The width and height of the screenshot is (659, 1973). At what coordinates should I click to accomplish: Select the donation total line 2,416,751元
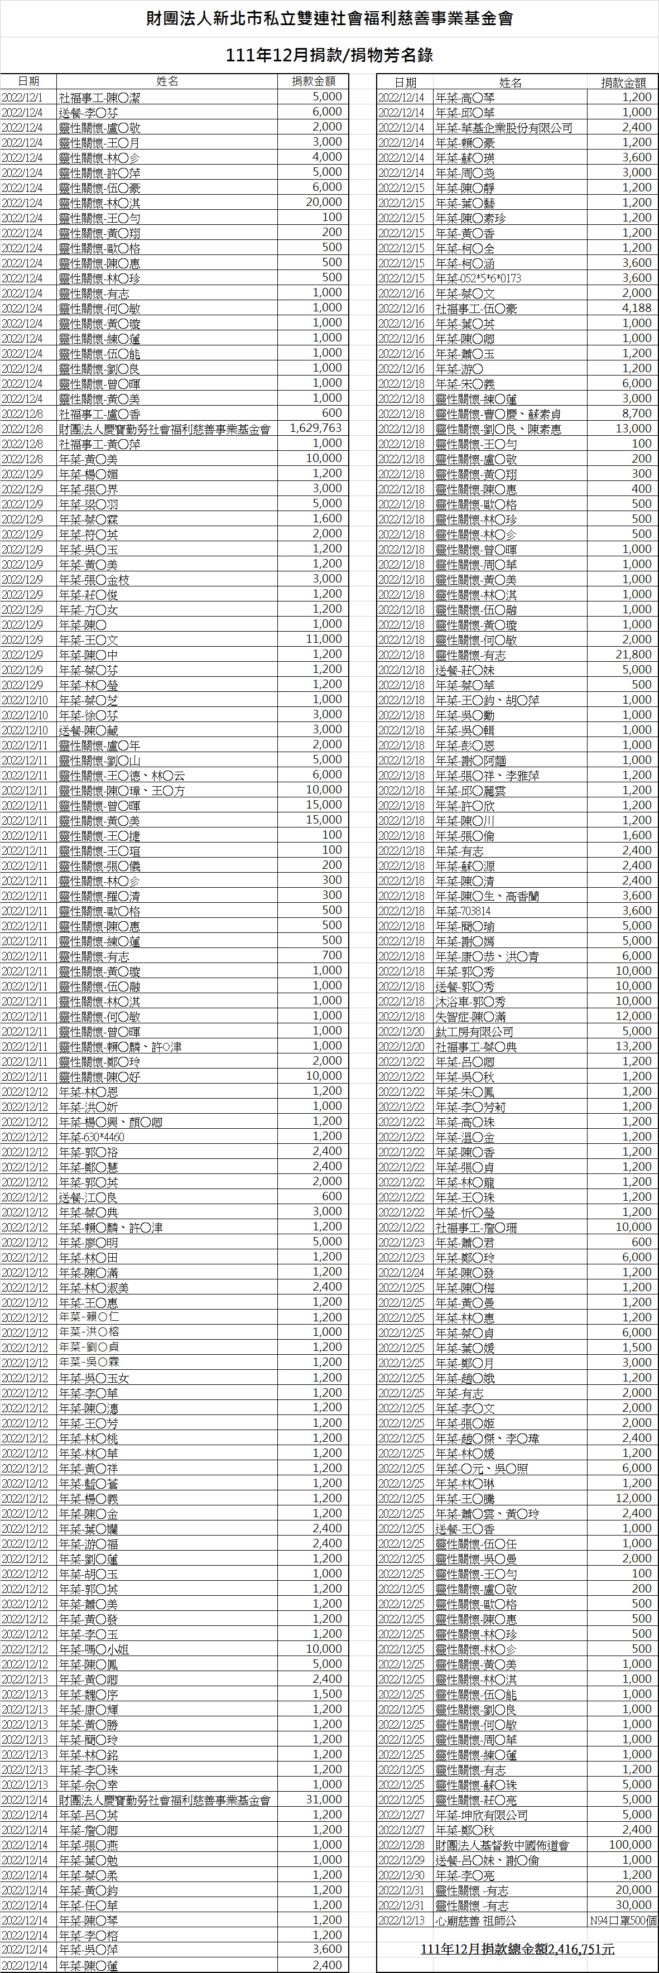(517, 1949)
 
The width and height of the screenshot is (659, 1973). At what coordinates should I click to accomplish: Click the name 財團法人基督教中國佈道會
(502, 1845)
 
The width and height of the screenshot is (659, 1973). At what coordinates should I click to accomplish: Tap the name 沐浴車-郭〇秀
(464, 1001)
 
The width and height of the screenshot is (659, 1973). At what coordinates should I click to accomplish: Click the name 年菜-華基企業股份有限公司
(503, 127)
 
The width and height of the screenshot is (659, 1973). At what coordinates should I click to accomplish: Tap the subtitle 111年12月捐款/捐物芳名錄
(329, 55)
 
